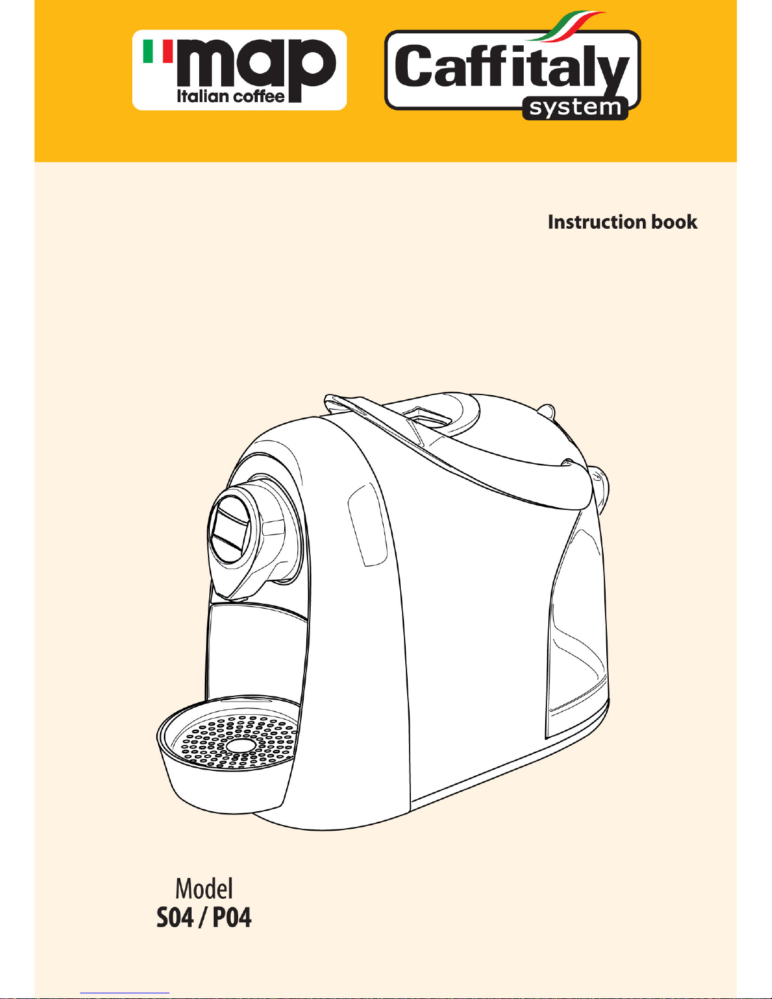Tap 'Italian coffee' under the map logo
pyautogui.click(x=231, y=96)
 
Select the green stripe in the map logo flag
pyautogui.click(x=149, y=51)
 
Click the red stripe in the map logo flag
pyautogui.click(x=167, y=51)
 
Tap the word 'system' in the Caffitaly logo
pyautogui.click(x=575, y=108)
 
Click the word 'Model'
pyautogui.click(x=204, y=889)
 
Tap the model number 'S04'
pyautogui.click(x=175, y=917)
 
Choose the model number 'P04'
pyautogui.click(x=231, y=917)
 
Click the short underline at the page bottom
pyautogui.click(x=125, y=993)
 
